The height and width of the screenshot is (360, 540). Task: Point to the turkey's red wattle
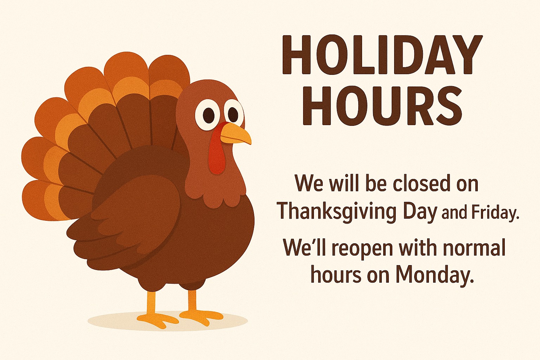point(217,151)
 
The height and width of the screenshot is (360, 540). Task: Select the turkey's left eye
point(208,114)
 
